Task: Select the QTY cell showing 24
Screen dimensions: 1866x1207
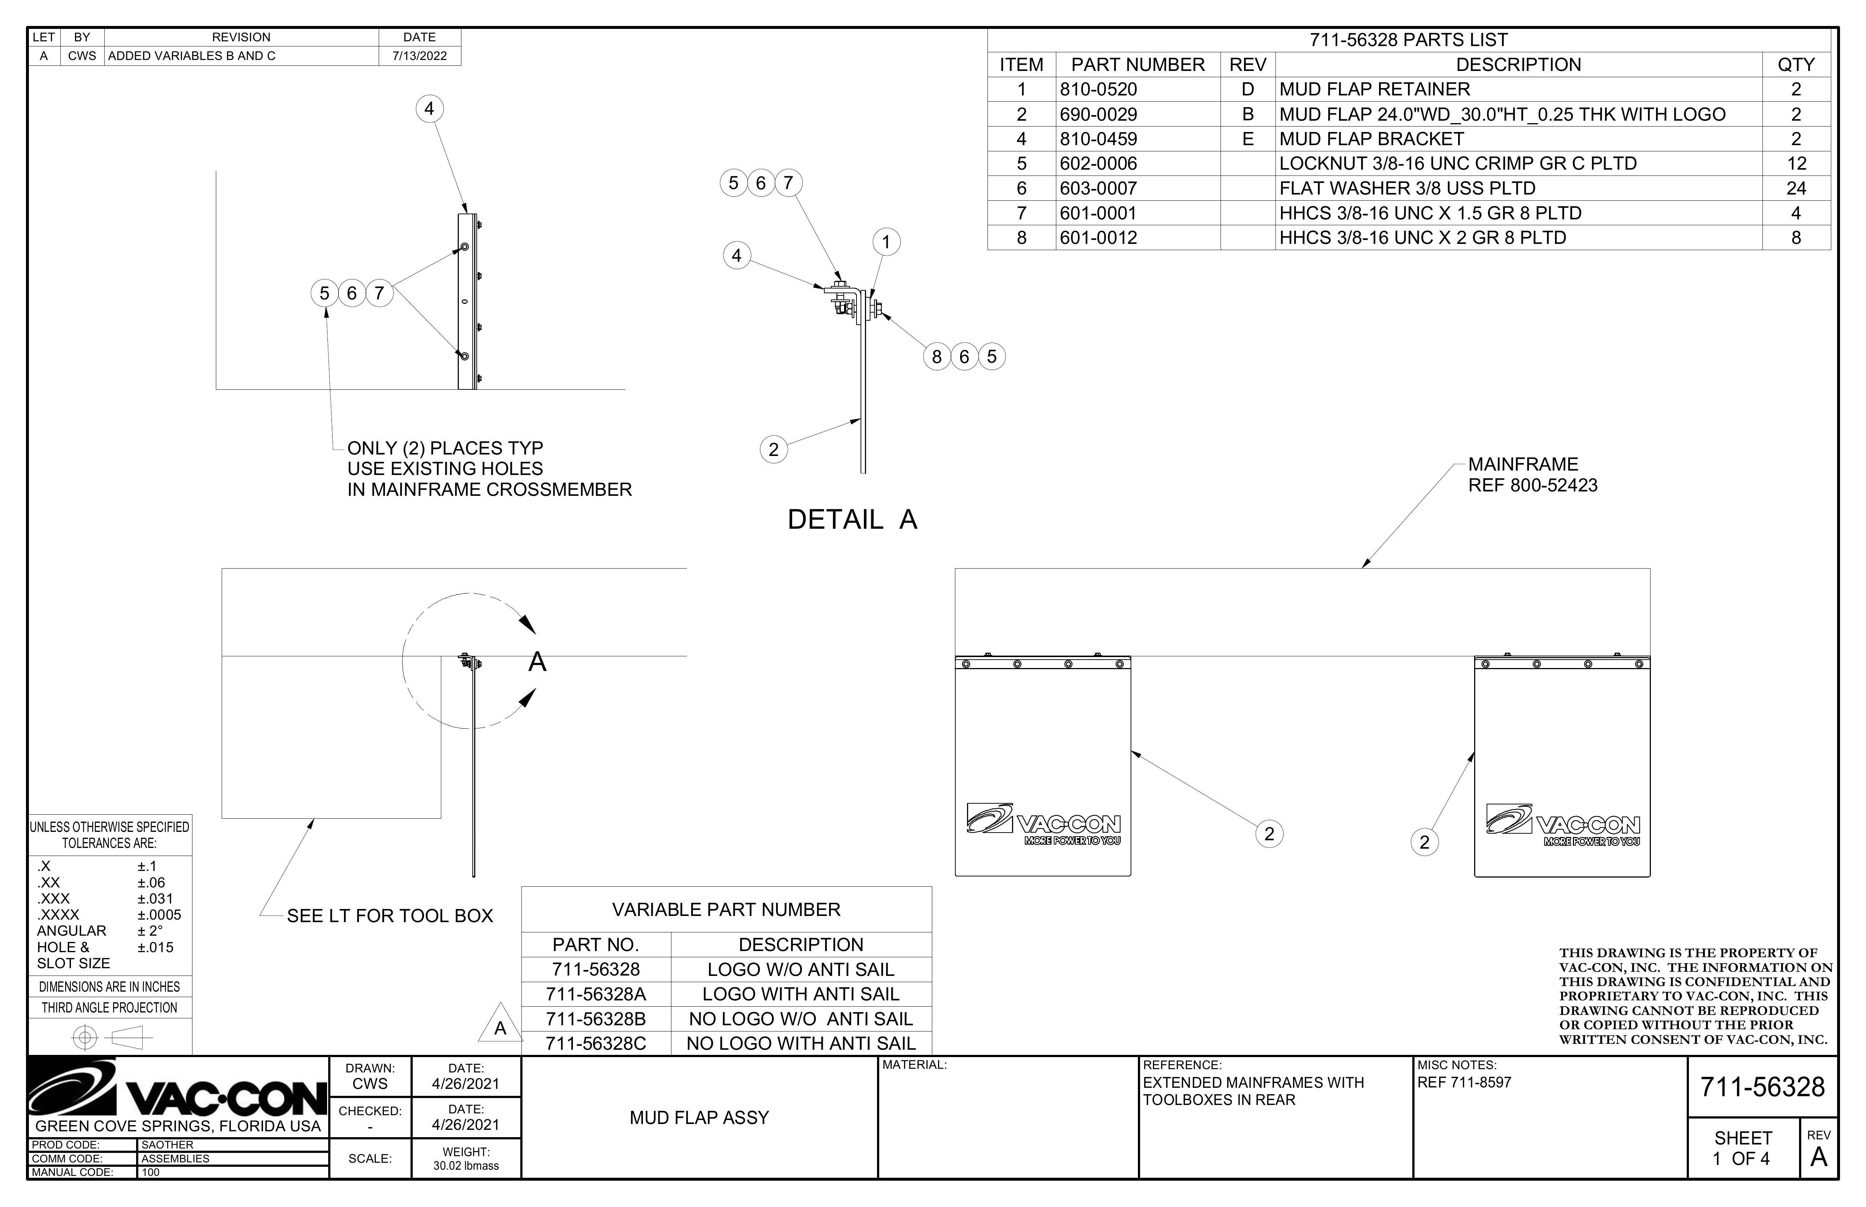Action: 1795,188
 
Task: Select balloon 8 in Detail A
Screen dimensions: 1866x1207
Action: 936,357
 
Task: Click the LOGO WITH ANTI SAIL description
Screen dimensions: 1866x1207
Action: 801,994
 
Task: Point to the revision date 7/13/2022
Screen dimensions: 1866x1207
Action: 419,56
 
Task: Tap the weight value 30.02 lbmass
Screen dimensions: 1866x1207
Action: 466,1165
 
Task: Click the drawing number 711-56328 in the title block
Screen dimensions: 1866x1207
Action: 1762,1087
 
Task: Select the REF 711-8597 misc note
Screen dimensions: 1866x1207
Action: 1464,1082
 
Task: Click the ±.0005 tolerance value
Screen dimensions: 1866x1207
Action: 159,914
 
